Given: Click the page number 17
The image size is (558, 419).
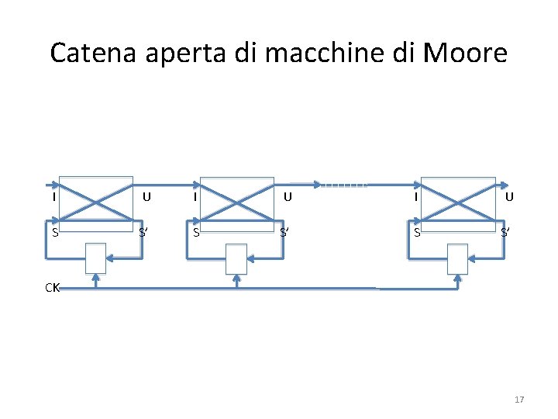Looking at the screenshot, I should point(519,400).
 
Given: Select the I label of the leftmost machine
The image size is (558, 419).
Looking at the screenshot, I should point(53,196).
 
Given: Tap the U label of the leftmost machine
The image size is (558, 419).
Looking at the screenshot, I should point(146,196).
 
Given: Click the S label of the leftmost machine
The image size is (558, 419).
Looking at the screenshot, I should point(54,232).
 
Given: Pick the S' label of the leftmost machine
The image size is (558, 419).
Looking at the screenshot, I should point(144,232).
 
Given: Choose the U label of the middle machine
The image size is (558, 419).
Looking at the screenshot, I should point(287,196).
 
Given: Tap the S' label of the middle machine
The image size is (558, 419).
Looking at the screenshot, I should point(285,232).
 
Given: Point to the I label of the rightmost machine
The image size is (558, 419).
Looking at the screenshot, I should point(416,196).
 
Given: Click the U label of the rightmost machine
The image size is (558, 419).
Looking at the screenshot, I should point(508,196).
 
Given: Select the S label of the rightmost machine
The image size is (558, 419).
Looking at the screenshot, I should point(417,232).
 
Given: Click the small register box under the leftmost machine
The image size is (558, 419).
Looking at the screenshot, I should point(95,258).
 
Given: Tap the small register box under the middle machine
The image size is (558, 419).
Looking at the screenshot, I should point(236,258).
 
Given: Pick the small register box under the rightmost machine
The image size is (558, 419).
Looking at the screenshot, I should point(458,258).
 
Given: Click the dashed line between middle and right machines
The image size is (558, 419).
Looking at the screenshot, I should point(343,185).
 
